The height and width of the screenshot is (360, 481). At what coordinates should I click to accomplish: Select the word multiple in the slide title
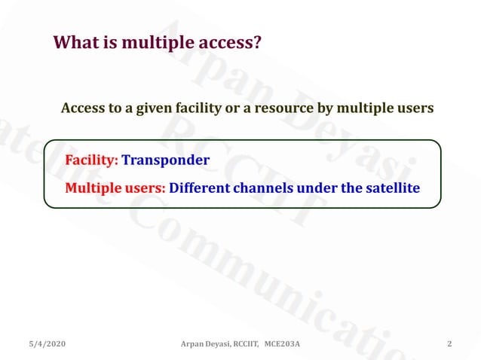point(156,44)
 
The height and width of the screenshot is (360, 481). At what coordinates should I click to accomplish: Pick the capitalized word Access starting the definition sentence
point(82,108)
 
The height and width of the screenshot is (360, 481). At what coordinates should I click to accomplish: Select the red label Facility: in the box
point(91,160)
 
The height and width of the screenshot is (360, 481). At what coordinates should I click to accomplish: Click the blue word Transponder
point(165,160)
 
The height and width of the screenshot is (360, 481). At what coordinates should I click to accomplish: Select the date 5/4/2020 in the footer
point(47,344)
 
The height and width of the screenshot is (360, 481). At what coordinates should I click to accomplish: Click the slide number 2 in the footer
point(449,344)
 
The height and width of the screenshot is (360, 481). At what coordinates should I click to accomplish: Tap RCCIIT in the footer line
point(244,344)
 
